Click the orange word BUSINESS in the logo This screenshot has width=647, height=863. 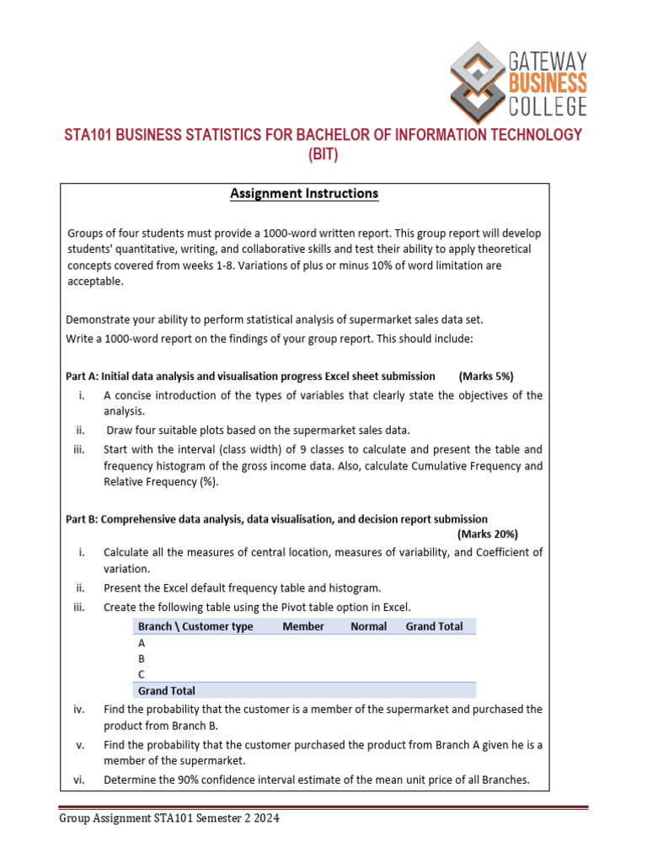[x=548, y=83]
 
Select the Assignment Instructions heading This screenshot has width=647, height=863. [x=304, y=194]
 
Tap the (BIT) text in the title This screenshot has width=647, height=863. [x=323, y=155]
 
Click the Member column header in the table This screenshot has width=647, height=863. [x=303, y=626]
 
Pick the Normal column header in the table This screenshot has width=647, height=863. [x=368, y=626]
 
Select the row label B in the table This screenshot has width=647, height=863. [x=142, y=658]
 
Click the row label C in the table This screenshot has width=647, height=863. [x=142, y=674]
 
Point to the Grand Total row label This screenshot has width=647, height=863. [x=167, y=691]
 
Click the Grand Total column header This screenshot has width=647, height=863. [x=434, y=626]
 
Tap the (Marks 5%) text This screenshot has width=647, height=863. [x=486, y=376]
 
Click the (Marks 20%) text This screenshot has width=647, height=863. [x=488, y=534]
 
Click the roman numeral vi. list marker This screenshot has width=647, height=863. [x=79, y=780]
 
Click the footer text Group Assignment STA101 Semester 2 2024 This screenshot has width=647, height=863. [x=168, y=817]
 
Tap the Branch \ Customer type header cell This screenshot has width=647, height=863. [x=195, y=626]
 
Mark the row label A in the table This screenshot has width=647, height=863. [x=142, y=642]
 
